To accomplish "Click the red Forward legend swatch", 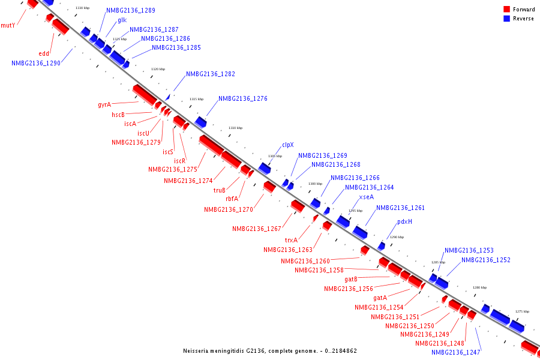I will [x=507, y=10].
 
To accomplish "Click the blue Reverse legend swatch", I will [x=507, y=19].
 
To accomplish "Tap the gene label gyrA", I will [x=104, y=104].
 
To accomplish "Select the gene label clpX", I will [x=288, y=145].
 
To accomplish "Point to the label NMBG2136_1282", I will [x=210, y=74].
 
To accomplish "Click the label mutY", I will [x=8, y=25].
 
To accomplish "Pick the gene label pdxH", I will [x=404, y=221].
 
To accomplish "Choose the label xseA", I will [x=366, y=197].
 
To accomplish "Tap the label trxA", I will [x=291, y=240].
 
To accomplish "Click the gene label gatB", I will [x=351, y=279].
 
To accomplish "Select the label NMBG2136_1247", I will [x=455, y=352].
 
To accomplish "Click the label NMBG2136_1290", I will [x=35, y=63].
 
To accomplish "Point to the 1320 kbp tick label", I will [x=158, y=70].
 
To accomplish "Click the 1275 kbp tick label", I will [x=522, y=311].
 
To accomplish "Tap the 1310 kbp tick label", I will [x=236, y=128].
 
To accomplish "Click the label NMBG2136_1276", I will [x=242, y=98].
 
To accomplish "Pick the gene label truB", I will [x=220, y=190].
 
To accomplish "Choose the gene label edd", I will [x=44, y=53].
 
